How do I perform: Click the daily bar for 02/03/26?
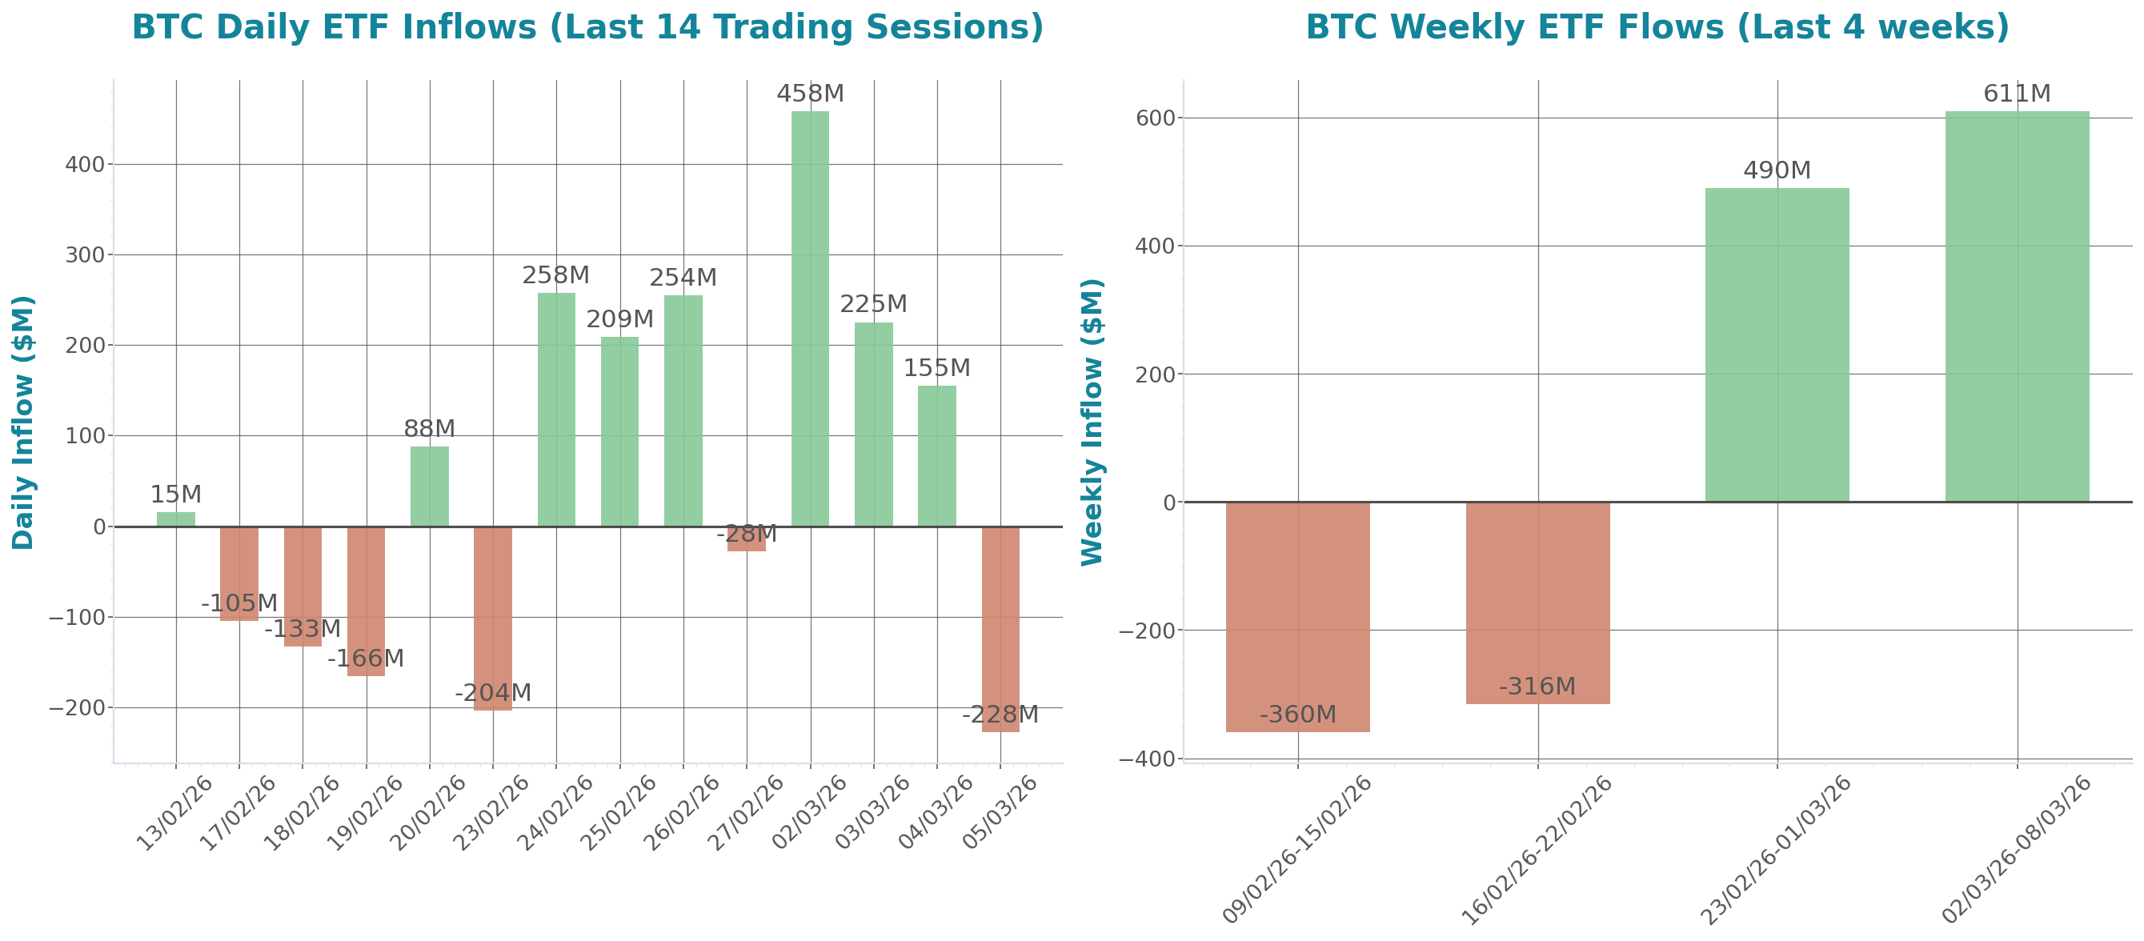(x=810, y=318)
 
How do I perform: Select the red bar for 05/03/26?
(x=1000, y=629)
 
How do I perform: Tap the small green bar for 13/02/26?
(x=175, y=519)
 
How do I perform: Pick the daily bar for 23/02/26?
(x=493, y=619)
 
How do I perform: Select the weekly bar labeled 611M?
(x=2017, y=306)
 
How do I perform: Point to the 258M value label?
(x=555, y=275)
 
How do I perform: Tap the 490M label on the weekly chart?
(x=1776, y=170)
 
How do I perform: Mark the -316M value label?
(x=1537, y=687)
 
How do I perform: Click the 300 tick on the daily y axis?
(x=85, y=255)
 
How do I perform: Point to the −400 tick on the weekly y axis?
(x=1146, y=759)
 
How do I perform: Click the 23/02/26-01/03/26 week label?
(x=1774, y=850)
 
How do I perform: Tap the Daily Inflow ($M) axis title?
(x=23, y=422)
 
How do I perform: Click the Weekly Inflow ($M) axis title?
(x=1092, y=422)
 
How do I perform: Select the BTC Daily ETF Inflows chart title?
(x=587, y=27)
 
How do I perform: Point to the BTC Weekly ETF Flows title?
(x=1657, y=27)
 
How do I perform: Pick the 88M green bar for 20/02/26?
(x=429, y=487)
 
